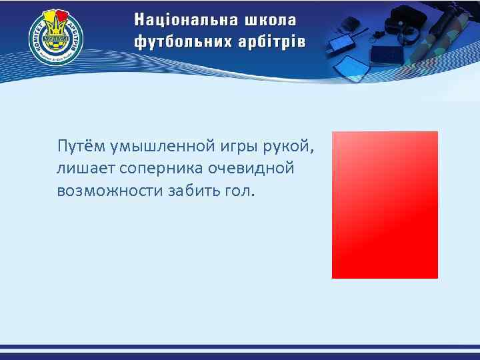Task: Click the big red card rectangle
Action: pyautogui.click(x=385, y=205)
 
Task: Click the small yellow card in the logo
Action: pyautogui.click(x=50, y=17)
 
